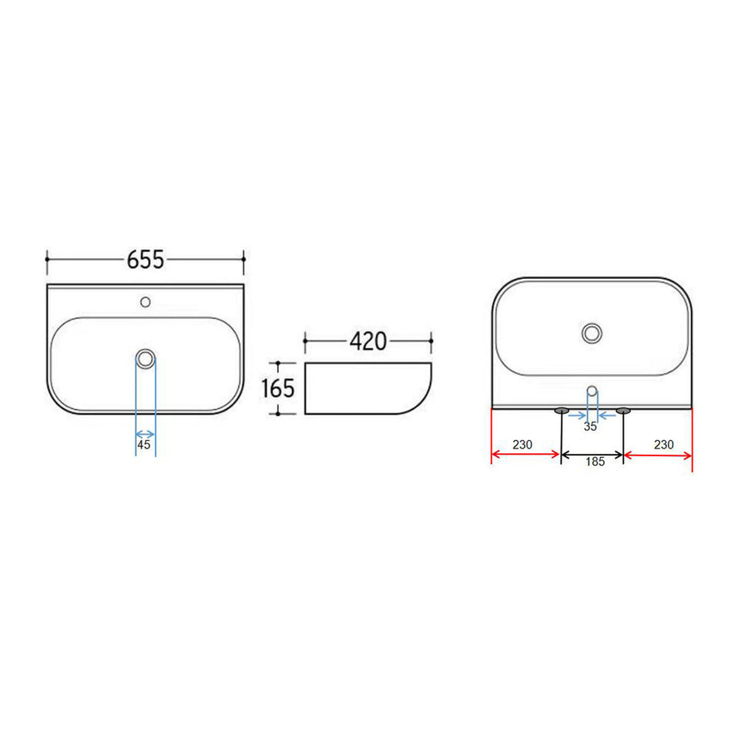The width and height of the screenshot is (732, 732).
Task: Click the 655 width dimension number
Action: point(146,260)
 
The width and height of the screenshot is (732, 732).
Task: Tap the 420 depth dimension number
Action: point(368,341)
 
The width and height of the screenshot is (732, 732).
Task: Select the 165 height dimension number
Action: point(277,388)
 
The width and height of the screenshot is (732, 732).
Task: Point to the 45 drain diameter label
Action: point(144,445)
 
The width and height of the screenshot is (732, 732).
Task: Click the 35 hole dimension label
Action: point(590,426)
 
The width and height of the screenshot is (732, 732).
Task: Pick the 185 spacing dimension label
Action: point(595,462)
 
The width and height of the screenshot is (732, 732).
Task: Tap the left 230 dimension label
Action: point(522,445)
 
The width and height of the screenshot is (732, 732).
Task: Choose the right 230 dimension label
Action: point(664,445)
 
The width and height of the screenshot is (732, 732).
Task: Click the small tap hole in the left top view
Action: point(145,302)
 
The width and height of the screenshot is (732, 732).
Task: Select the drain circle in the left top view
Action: point(146,359)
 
